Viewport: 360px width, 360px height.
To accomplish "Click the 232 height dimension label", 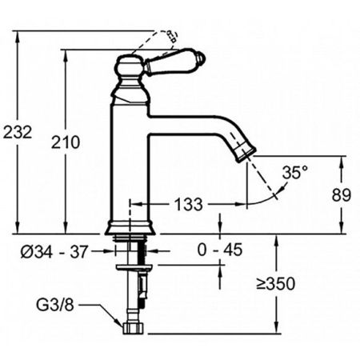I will (x=18, y=133).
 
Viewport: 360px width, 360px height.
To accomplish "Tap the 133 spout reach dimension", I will (x=187, y=205).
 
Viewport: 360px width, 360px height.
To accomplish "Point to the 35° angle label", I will (x=294, y=172).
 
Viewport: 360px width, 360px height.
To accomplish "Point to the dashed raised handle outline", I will (x=164, y=37).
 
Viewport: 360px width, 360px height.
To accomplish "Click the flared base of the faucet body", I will (x=128, y=226).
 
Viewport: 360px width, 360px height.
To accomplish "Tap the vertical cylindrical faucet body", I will (x=129, y=160).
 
